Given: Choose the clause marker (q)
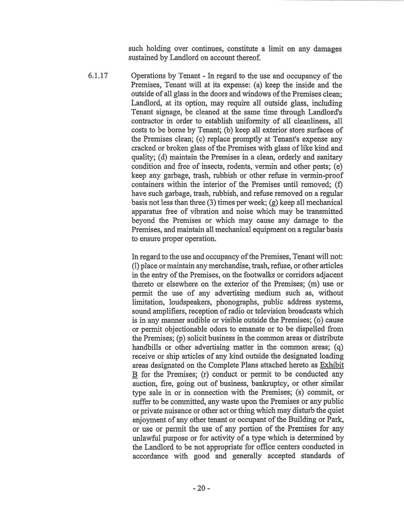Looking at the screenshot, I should [x=338, y=347].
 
